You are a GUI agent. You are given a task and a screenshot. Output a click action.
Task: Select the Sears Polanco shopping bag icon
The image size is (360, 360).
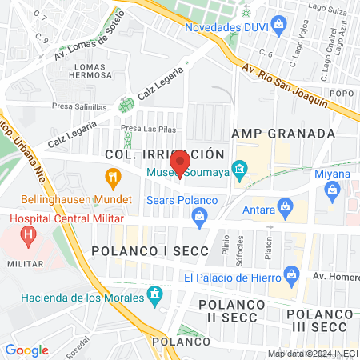tap(200, 214)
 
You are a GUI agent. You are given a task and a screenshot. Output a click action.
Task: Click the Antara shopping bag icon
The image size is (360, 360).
tap(285, 210)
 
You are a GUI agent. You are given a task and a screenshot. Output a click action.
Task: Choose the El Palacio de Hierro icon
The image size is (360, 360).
tap(292, 278)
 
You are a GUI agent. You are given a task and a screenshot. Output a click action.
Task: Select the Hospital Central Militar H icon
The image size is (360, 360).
tap(30, 236)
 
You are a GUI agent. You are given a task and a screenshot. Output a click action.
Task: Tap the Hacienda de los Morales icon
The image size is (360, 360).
tap(156, 298)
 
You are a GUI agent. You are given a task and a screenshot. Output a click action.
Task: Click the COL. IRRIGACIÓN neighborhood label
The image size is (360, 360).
tap(166, 153)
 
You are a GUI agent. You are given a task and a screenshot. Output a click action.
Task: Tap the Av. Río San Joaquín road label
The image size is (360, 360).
tap(285, 86)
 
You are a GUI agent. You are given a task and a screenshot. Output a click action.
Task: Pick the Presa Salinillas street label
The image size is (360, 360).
tap(79, 106)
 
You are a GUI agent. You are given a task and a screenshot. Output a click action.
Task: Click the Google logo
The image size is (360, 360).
tap(26, 350)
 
